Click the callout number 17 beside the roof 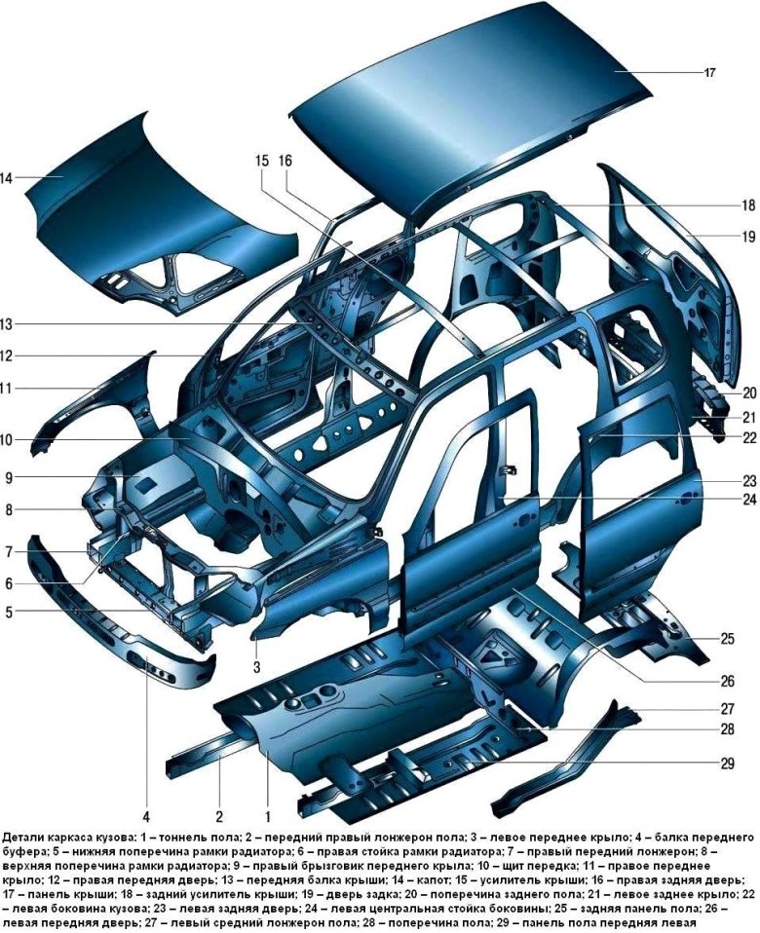(709, 73)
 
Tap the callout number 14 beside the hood (7, 177)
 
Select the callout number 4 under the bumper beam (146, 814)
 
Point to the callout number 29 (727, 764)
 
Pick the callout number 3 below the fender (256, 668)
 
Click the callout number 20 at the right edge (748, 392)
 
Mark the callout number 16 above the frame (285, 161)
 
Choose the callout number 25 (727, 639)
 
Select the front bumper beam (119, 618)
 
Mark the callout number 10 (6, 440)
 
